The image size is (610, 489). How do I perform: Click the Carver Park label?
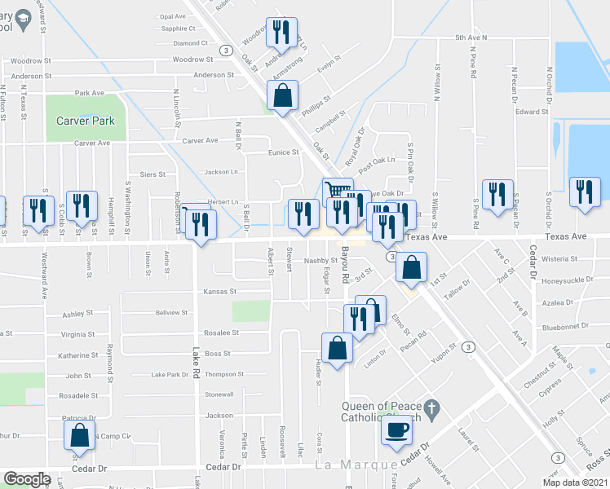86,121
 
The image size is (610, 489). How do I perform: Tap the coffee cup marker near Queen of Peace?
398,430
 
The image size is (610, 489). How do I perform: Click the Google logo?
27,478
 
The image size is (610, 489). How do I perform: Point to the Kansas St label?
219,291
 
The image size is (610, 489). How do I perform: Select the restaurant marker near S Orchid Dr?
584,192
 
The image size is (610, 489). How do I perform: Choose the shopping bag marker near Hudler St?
337,348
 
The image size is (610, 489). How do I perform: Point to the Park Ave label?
89,93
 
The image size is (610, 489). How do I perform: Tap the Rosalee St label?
221,333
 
